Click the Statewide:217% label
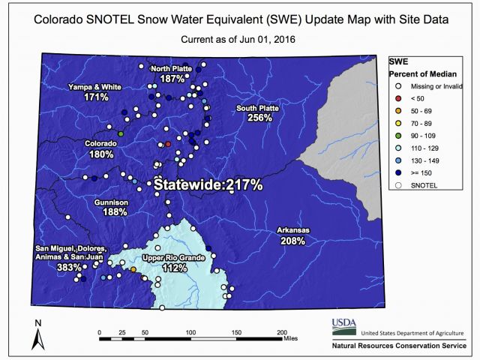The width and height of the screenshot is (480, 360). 208,185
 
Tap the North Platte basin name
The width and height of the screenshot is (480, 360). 172,69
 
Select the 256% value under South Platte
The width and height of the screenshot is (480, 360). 259,118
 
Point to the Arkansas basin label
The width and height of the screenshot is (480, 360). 293,230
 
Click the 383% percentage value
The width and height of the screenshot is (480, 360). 69,267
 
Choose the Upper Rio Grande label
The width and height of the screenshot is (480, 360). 173,258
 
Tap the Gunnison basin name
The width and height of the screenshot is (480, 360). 111,202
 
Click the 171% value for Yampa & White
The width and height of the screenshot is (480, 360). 96,97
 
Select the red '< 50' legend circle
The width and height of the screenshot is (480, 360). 398,98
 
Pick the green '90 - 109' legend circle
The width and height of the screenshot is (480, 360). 398,136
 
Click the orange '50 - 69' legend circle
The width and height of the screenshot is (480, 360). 398,111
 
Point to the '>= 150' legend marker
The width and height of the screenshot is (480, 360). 398,173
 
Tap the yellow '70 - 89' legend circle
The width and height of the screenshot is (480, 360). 398,123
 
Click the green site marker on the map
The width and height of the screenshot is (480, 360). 121,133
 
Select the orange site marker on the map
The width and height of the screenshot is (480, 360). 133,269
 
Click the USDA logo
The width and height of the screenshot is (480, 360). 344,327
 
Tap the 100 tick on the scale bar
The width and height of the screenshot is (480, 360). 190,332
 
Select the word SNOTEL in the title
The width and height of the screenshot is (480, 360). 110,19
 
